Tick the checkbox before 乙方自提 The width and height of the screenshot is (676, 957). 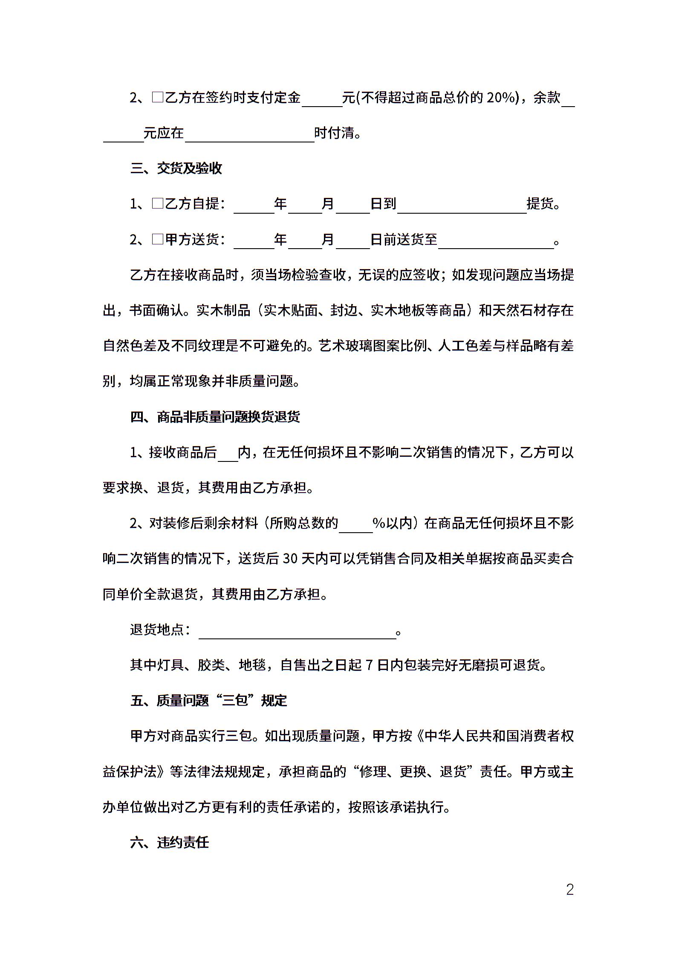(x=158, y=203)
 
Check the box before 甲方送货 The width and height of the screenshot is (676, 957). (x=158, y=239)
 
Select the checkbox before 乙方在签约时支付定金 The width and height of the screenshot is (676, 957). (x=158, y=98)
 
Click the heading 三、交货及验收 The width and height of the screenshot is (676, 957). (x=176, y=168)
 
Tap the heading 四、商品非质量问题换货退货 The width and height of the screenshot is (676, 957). (x=215, y=417)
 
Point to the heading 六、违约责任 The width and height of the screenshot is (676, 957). (x=170, y=842)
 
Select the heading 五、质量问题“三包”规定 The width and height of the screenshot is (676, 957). (x=209, y=700)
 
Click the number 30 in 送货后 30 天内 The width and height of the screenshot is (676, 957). (x=290, y=559)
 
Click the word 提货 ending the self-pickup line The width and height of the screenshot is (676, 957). (x=540, y=203)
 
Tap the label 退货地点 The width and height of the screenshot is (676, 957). (x=157, y=629)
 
